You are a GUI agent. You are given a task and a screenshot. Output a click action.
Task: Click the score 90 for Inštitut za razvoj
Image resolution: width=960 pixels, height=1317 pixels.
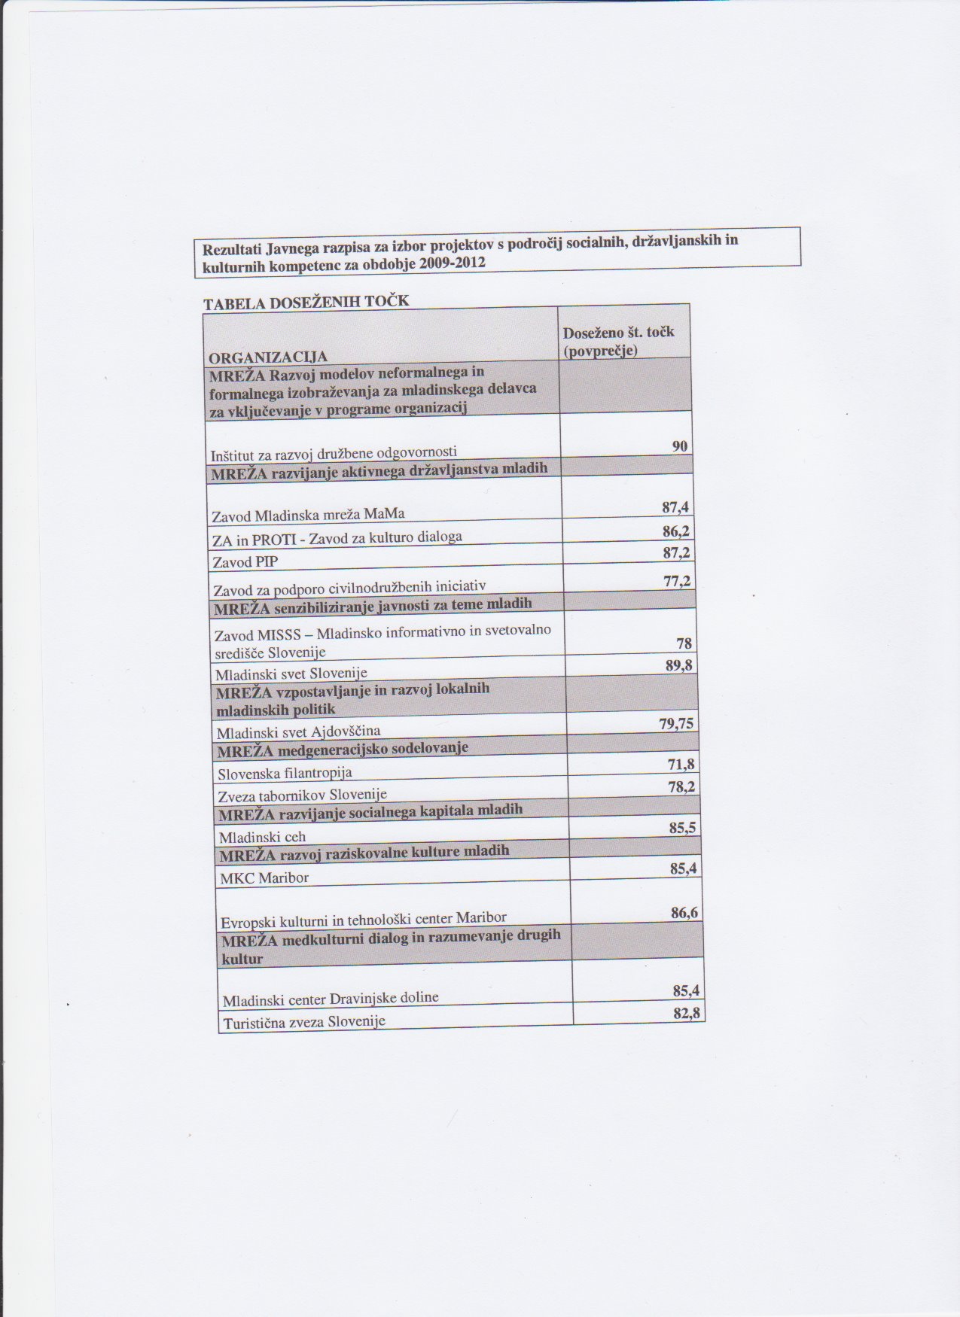pos(679,446)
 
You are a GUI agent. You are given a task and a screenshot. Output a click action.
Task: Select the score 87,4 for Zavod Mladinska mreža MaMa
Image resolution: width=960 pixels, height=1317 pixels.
pos(675,508)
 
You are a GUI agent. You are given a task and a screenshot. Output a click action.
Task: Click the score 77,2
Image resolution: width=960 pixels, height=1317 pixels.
pos(676,581)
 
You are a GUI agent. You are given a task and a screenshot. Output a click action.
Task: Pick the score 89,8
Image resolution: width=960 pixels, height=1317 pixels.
pos(678,665)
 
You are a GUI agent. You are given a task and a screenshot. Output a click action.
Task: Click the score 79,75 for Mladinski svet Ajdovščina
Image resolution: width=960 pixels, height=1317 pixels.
pos(675,724)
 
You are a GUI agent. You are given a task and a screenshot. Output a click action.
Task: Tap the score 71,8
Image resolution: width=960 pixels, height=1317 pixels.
pos(681,765)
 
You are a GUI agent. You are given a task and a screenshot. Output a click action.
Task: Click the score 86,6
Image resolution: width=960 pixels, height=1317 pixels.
pos(684,913)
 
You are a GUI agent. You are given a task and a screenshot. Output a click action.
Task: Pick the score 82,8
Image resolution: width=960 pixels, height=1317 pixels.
pos(686,1013)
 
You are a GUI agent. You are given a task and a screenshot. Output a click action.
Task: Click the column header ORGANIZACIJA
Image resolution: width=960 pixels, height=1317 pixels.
pos(268,357)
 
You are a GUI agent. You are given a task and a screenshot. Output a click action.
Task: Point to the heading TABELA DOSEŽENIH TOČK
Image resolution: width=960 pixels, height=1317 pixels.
pos(306,302)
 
